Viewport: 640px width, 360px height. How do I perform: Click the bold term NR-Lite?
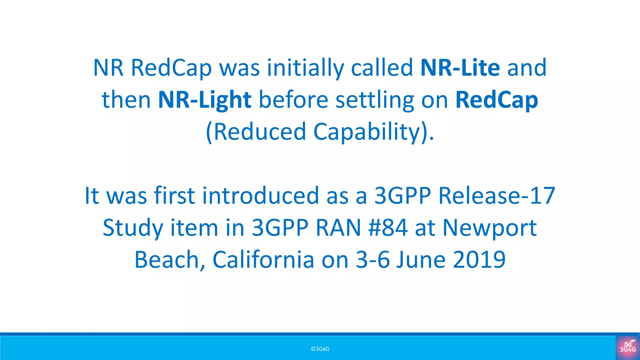pos(460,68)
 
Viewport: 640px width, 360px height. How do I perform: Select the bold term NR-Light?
pos(205,100)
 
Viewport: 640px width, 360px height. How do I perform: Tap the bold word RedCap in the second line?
pos(497,100)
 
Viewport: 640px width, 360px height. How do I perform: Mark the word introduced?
pos(261,196)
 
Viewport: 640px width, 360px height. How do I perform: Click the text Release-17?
pos(497,196)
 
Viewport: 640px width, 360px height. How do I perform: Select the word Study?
pos(133,228)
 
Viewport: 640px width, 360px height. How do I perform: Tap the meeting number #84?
pos(388,228)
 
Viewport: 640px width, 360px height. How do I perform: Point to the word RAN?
pos(338,228)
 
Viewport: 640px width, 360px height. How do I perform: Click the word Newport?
pos(490,228)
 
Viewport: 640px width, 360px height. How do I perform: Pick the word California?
pos(263,260)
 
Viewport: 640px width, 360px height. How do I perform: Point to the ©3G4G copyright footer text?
pos(320,349)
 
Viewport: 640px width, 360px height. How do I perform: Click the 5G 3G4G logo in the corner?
pos(627,347)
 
